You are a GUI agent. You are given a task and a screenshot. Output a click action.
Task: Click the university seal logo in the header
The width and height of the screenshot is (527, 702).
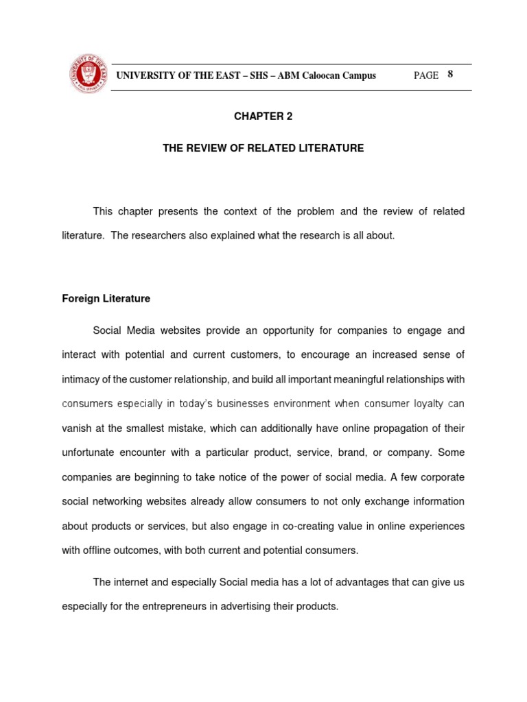point(87,73)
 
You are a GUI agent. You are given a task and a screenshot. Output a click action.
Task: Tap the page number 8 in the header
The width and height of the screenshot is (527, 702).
point(450,75)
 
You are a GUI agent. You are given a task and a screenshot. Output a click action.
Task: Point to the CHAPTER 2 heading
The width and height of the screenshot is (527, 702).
point(263,117)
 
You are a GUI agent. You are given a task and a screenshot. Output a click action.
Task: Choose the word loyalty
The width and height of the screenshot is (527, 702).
point(425,404)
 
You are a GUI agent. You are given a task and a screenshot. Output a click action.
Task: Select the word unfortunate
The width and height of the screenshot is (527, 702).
point(91,452)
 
